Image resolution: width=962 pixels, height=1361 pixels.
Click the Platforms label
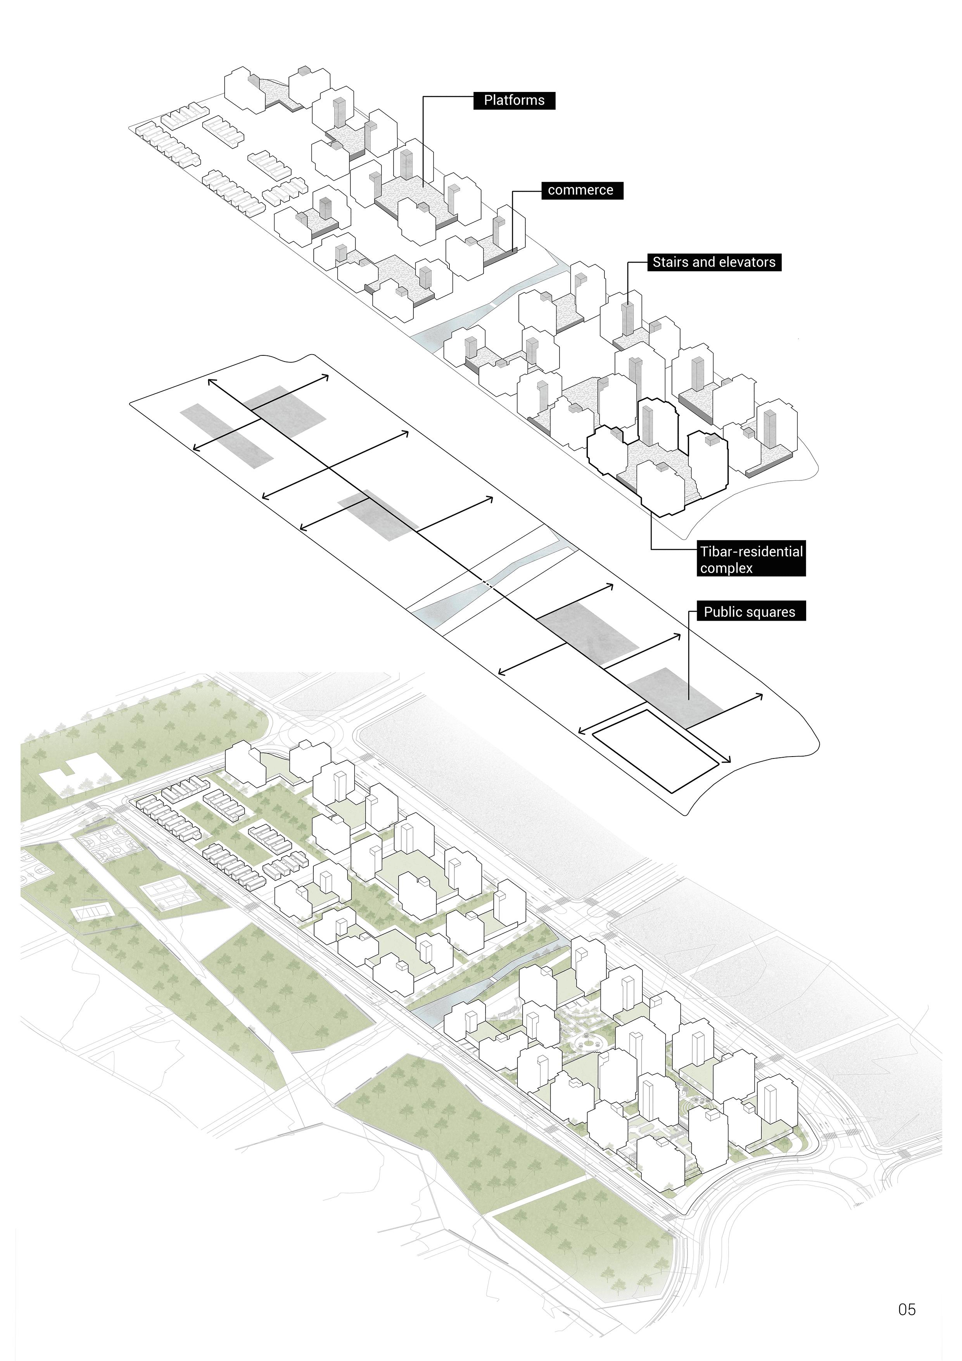click(x=514, y=100)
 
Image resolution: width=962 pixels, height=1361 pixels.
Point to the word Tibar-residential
click(x=751, y=552)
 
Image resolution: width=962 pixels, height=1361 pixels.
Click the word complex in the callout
click(x=726, y=568)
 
